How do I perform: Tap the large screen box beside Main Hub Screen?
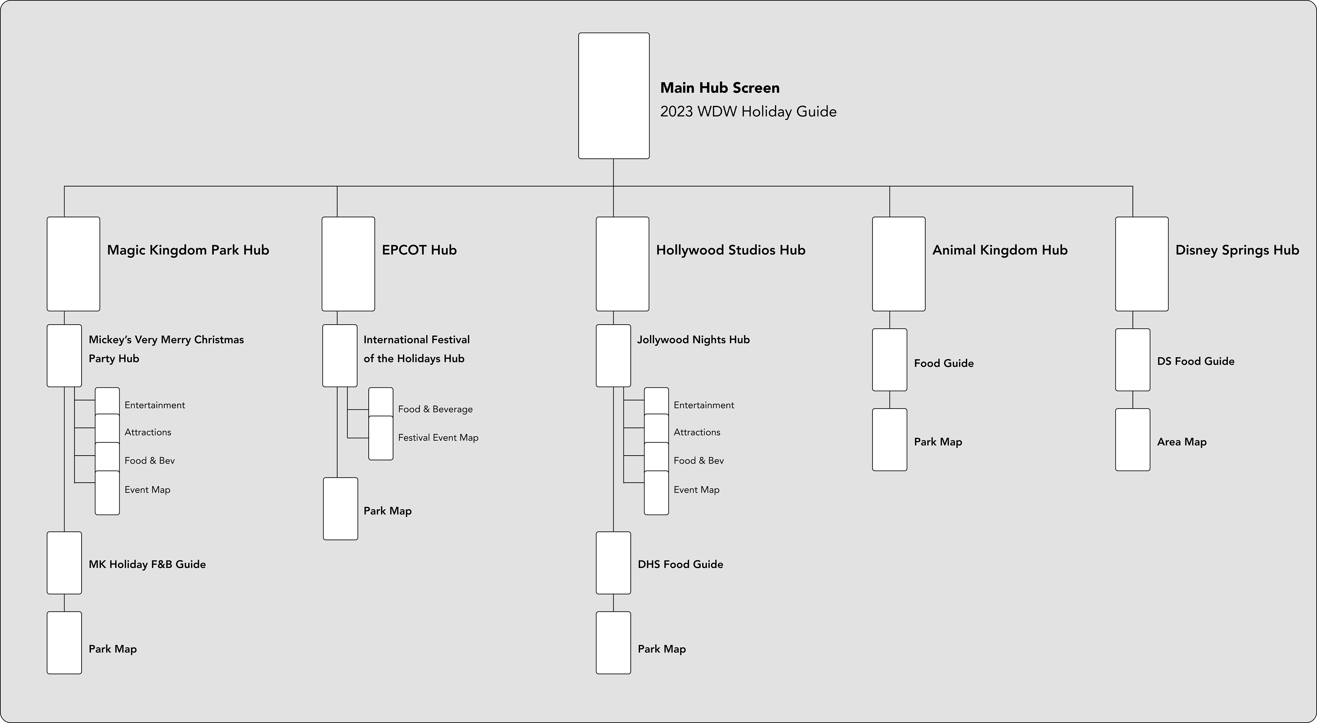[614, 96]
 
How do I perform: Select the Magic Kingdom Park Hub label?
[188, 250]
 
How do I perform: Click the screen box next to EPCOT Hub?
[348, 264]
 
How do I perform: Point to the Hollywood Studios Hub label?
[731, 250]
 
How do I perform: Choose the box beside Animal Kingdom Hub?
[898, 264]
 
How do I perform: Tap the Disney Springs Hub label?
[1237, 250]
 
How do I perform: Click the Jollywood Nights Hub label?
[693, 340]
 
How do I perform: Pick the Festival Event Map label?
[438, 438]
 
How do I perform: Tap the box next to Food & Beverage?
[381, 402]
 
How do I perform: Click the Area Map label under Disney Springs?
[1182, 442]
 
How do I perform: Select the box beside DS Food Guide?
[1132, 360]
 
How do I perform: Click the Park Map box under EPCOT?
[341, 508]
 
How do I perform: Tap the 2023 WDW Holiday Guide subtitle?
[748, 112]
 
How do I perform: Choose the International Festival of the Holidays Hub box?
[340, 356]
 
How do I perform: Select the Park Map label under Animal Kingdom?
[938, 442]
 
